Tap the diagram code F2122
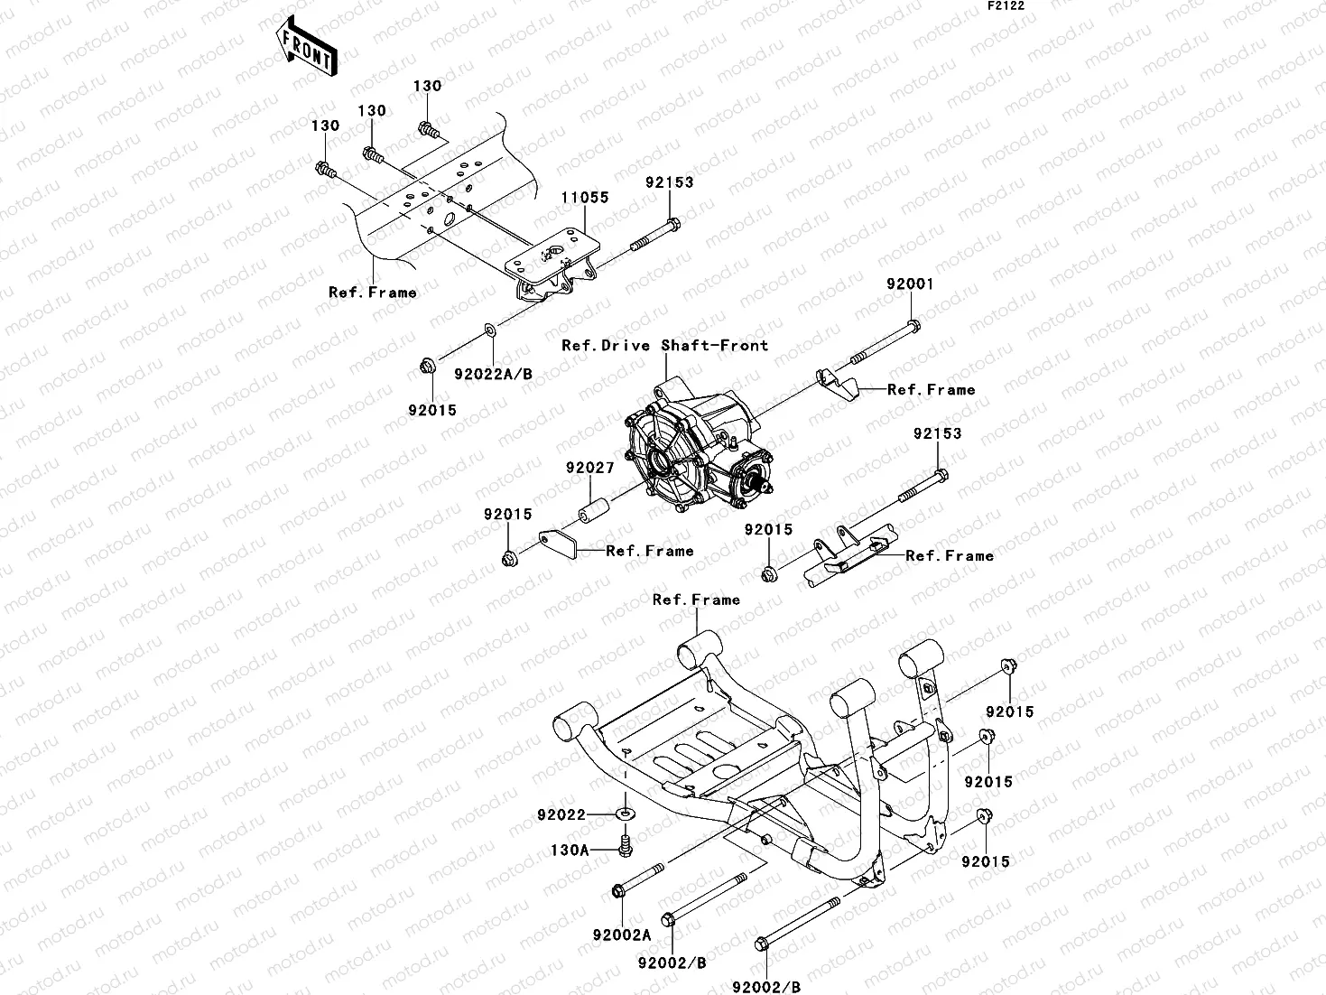(x=1005, y=5)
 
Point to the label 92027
(x=590, y=468)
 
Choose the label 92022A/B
(x=494, y=373)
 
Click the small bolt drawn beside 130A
(x=625, y=846)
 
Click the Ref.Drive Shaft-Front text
(x=664, y=345)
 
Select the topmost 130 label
(x=427, y=86)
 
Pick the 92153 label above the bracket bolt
(x=669, y=181)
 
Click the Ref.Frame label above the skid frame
(x=696, y=600)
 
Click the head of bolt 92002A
(x=618, y=892)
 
